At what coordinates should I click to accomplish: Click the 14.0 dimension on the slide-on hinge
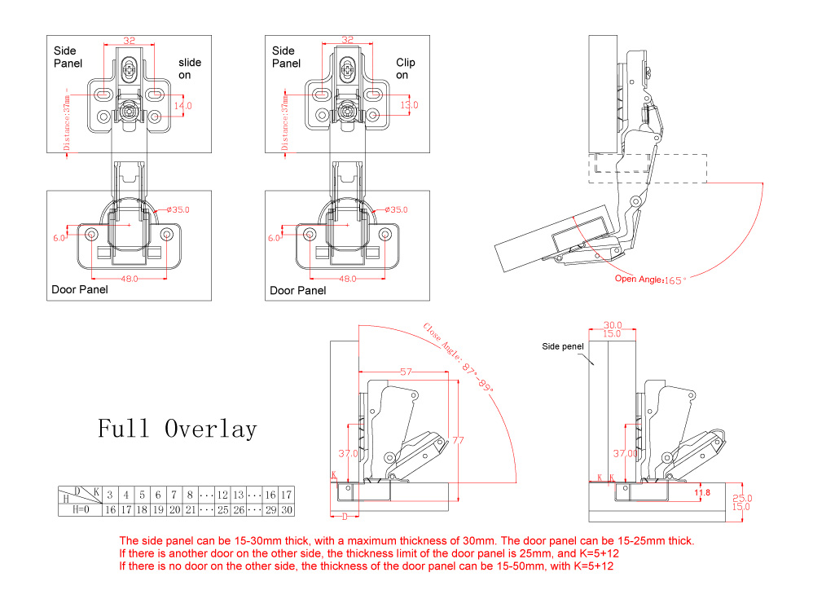tap(182, 106)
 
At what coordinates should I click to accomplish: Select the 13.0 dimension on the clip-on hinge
tap(408, 105)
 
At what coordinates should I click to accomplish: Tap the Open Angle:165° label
tap(651, 280)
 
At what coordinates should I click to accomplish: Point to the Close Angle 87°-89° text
tap(459, 358)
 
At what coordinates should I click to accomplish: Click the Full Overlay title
tap(177, 429)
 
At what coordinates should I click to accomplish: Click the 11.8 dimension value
tap(701, 492)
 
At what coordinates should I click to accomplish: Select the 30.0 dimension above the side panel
tap(613, 324)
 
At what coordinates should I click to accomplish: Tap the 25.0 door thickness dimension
tap(743, 498)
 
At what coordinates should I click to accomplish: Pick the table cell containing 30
tap(286, 510)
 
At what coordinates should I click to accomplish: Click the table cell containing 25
tap(222, 510)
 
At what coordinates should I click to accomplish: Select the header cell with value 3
tap(109, 495)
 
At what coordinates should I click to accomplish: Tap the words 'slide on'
tap(190, 68)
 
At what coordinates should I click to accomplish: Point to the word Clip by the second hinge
tap(405, 63)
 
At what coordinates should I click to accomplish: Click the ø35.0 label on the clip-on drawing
tap(394, 209)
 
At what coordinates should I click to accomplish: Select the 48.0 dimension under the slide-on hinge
tap(129, 279)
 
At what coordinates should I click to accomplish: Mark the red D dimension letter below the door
tap(345, 516)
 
